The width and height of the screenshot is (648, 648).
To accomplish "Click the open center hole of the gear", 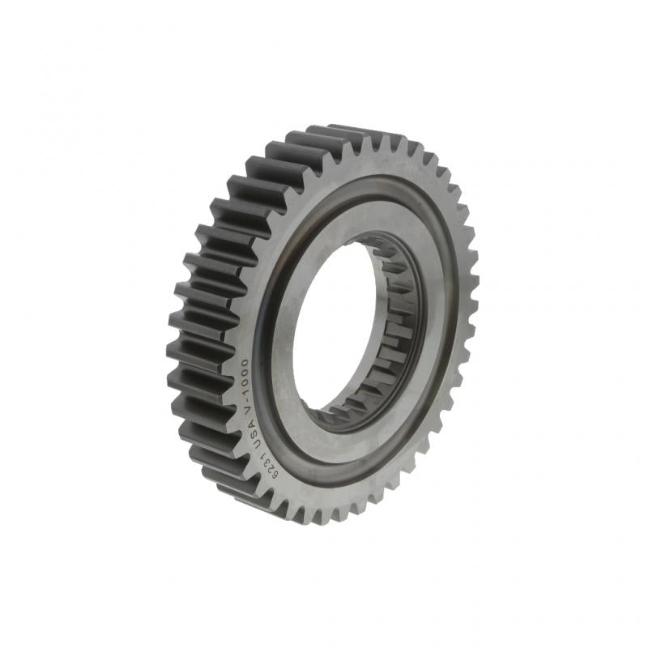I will coord(332,324).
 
